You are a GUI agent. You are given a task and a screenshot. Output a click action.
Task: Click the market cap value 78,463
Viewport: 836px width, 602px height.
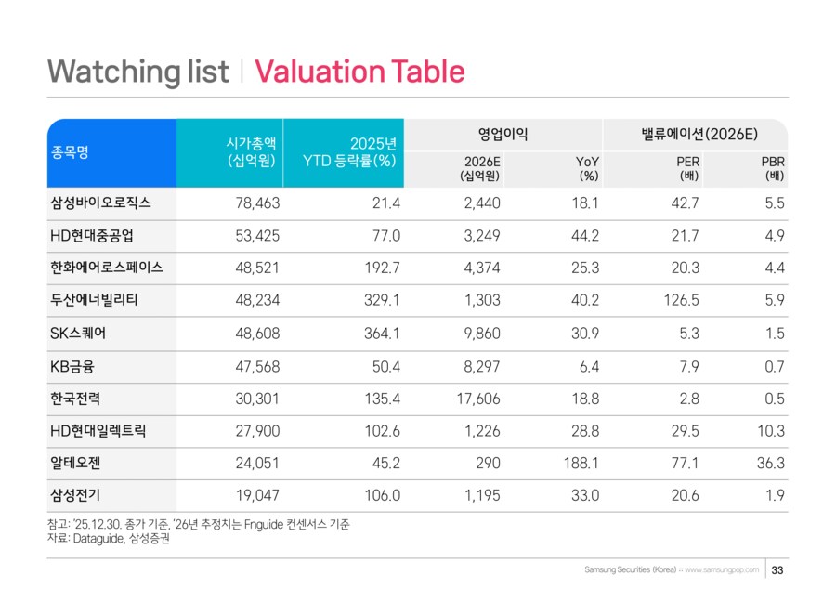coord(255,202)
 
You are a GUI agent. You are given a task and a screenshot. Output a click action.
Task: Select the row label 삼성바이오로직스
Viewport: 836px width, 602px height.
coord(100,202)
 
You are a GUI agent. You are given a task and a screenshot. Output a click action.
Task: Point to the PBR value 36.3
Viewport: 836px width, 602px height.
coord(770,462)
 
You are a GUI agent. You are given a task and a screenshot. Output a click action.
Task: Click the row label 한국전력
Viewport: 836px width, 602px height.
coord(75,397)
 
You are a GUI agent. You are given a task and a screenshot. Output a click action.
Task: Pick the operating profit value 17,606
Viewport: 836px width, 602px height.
coord(479,397)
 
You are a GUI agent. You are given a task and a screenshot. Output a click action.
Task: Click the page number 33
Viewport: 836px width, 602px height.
coord(778,569)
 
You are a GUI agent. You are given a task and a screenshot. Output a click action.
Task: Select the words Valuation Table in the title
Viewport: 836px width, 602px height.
coord(359,72)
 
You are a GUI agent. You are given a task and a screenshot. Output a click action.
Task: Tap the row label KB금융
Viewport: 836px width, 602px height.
coord(72,364)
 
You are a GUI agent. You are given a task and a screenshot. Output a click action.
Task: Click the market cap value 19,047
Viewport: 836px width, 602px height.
coord(255,494)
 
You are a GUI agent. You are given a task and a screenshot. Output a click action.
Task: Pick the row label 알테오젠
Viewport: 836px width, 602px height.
coord(75,462)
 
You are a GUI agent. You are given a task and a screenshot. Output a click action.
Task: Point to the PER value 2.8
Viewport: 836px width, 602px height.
coord(688,397)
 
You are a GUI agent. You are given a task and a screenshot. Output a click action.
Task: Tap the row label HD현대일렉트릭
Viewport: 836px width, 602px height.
coord(98,429)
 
